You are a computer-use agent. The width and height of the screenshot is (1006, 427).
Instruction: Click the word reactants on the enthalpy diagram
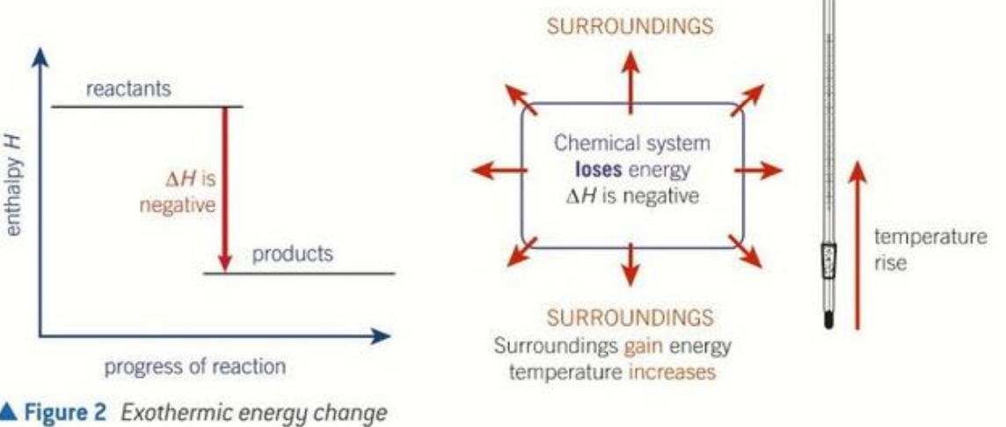point(129,89)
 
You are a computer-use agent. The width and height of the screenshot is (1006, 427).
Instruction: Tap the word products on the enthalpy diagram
point(293,254)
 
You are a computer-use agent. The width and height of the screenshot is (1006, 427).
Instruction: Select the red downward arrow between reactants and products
point(224,190)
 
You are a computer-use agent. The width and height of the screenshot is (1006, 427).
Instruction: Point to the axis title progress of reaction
point(195,367)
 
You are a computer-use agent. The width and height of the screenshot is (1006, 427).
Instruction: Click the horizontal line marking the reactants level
point(147,106)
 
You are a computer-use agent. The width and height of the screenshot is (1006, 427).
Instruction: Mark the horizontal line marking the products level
point(299,274)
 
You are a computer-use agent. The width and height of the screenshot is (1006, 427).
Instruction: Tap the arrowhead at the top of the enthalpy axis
point(40,56)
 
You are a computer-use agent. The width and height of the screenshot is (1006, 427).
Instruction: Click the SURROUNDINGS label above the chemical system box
point(630,26)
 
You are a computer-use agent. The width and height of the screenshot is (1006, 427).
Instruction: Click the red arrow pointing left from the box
point(499,170)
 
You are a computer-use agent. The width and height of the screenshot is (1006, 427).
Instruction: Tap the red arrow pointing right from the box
point(758,170)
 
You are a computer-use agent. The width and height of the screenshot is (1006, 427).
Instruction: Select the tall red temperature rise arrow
point(857,244)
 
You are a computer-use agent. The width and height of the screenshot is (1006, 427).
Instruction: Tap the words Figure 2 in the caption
point(64,414)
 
